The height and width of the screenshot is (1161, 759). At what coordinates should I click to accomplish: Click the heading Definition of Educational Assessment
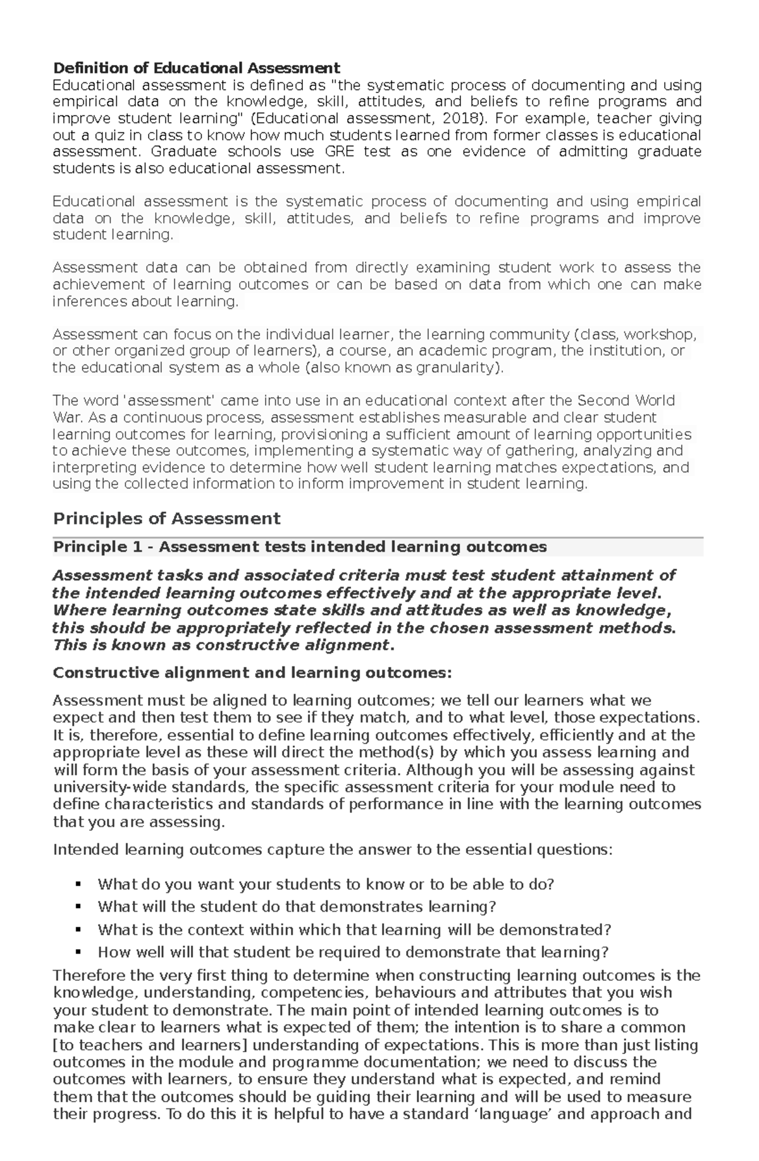point(196,68)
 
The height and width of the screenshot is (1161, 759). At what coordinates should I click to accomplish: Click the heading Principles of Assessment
point(166,519)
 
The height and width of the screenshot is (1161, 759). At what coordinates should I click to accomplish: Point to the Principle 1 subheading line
point(300,547)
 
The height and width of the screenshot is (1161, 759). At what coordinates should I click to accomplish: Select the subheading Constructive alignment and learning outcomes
point(252,673)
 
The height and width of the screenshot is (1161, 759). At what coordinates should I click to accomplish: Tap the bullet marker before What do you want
point(78,884)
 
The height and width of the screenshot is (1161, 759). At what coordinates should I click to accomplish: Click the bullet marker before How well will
point(78,952)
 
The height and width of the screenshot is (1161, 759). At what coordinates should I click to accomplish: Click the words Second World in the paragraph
point(626,400)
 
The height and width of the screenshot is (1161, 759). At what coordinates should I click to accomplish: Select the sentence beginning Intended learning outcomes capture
point(333,850)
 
